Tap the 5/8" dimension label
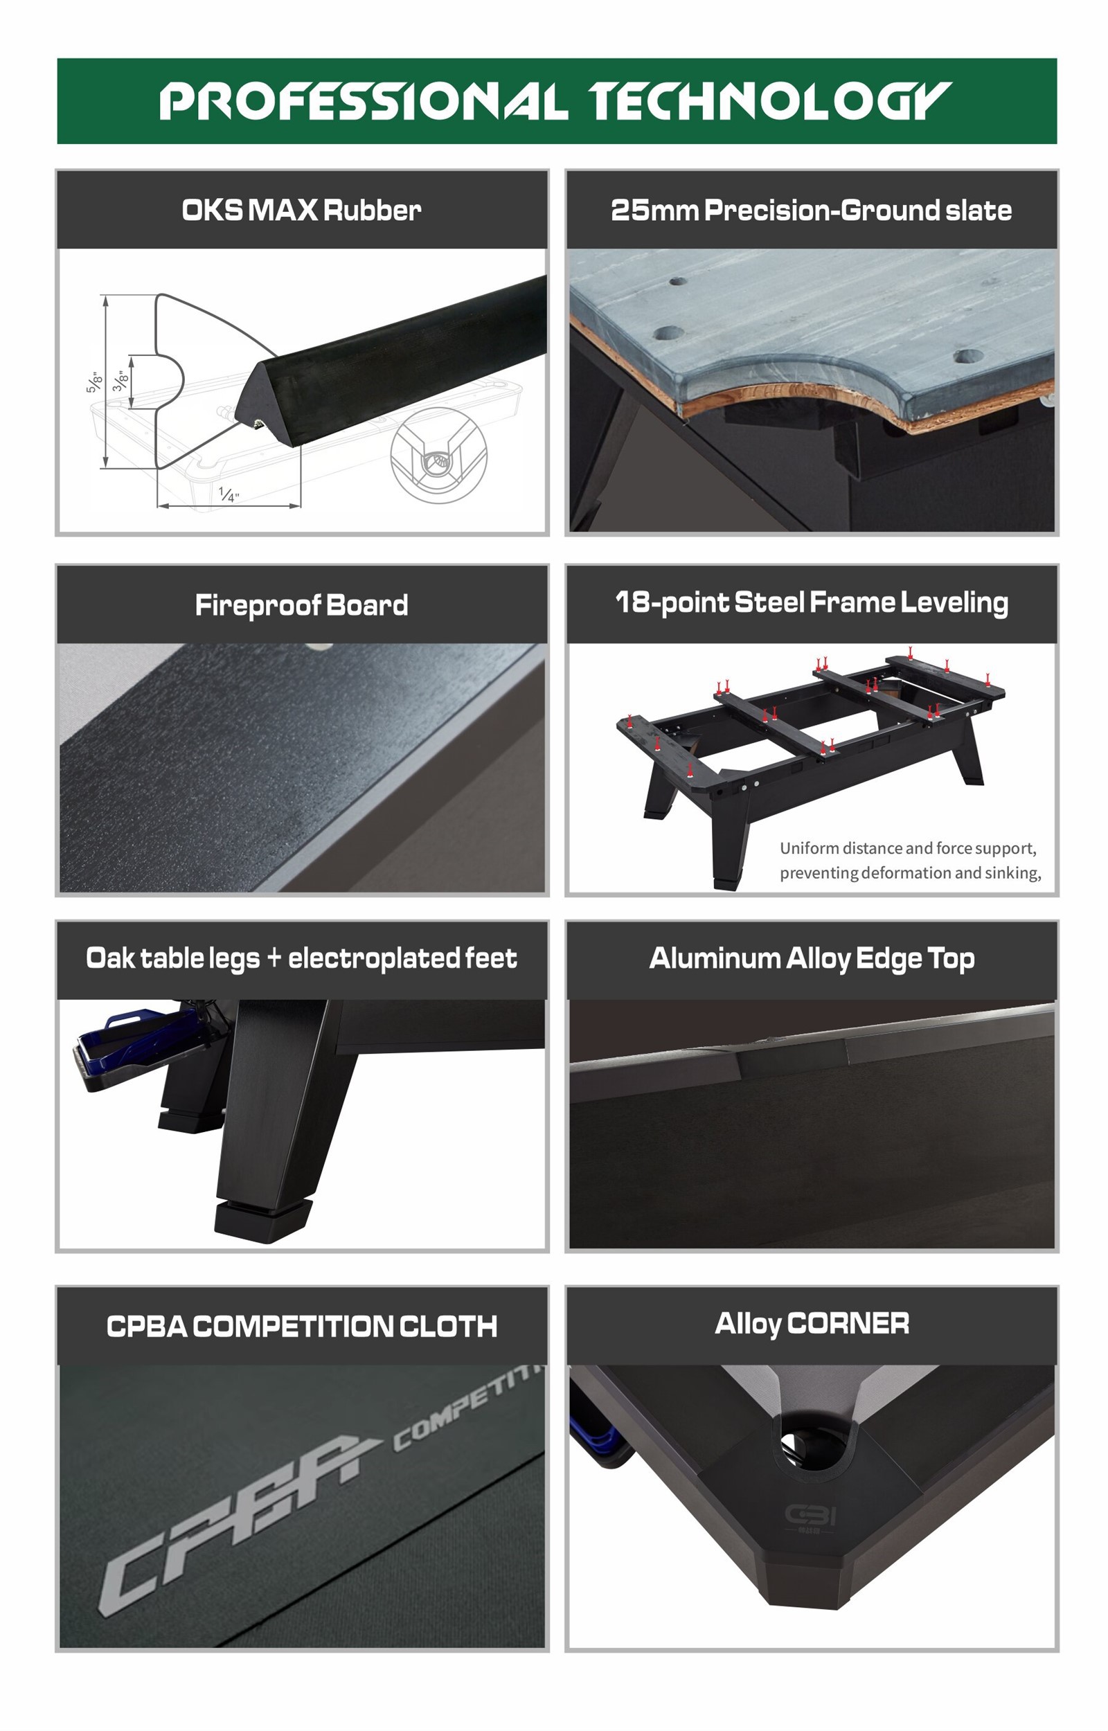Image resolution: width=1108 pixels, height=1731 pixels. point(94,382)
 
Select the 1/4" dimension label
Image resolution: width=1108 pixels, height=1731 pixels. point(229,494)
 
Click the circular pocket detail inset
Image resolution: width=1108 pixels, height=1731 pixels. point(438,455)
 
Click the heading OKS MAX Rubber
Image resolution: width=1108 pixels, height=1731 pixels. point(301,210)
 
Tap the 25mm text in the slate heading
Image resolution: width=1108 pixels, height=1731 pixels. point(654,210)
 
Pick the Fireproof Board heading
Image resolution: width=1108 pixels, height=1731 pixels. point(301,604)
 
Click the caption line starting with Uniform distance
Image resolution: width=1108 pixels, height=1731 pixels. point(908,849)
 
